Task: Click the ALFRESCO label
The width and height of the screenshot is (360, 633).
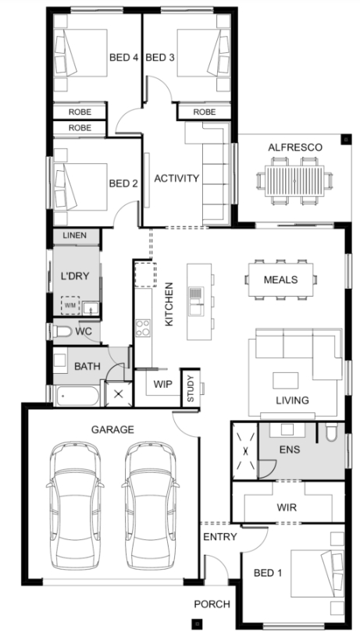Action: (x=295, y=148)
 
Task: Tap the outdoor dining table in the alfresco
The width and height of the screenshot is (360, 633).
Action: (x=294, y=181)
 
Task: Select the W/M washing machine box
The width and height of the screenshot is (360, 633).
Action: (x=70, y=306)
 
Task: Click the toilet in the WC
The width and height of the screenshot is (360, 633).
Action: (x=62, y=332)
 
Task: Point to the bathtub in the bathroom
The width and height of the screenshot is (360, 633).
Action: (x=77, y=396)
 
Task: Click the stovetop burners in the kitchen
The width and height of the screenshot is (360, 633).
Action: (x=143, y=328)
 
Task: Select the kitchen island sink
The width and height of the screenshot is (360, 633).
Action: (x=195, y=300)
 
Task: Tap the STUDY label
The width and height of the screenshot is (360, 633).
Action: (x=191, y=389)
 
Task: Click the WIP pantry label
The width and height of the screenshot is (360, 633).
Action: (x=163, y=384)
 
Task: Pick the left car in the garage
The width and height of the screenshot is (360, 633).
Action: (x=75, y=506)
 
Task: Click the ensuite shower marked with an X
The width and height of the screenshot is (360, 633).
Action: (x=245, y=451)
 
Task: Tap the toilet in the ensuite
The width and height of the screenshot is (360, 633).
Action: (x=332, y=432)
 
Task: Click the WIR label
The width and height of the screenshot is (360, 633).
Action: (x=287, y=507)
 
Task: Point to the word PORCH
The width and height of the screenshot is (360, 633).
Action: (x=212, y=604)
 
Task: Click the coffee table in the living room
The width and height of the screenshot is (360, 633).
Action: (x=285, y=380)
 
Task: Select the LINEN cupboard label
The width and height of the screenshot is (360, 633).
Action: (x=75, y=236)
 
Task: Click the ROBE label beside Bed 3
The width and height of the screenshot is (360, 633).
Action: (x=205, y=112)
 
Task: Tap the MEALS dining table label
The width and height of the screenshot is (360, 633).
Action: (x=280, y=279)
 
